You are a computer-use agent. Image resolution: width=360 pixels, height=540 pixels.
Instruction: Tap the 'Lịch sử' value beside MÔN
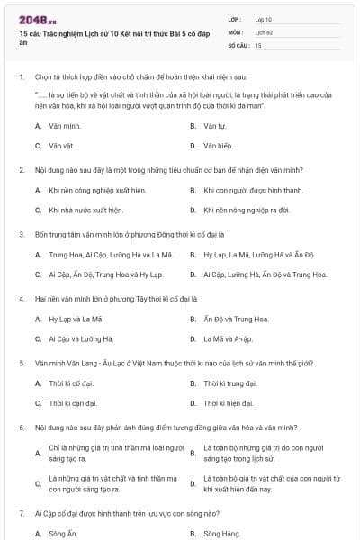click(264, 31)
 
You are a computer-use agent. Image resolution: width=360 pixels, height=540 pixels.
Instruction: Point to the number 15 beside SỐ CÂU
click(258, 44)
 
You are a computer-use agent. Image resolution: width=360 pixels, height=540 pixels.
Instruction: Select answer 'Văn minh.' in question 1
click(66, 125)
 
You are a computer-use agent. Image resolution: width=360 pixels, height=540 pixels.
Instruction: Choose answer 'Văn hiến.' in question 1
click(219, 145)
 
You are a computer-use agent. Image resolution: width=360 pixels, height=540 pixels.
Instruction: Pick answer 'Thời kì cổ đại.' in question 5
click(73, 383)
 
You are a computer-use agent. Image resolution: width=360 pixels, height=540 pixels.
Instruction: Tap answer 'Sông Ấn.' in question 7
click(64, 534)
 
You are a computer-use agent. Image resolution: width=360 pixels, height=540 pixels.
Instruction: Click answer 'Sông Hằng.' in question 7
click(221, 534)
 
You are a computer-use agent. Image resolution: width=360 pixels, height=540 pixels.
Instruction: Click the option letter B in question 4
click(193, 319)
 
